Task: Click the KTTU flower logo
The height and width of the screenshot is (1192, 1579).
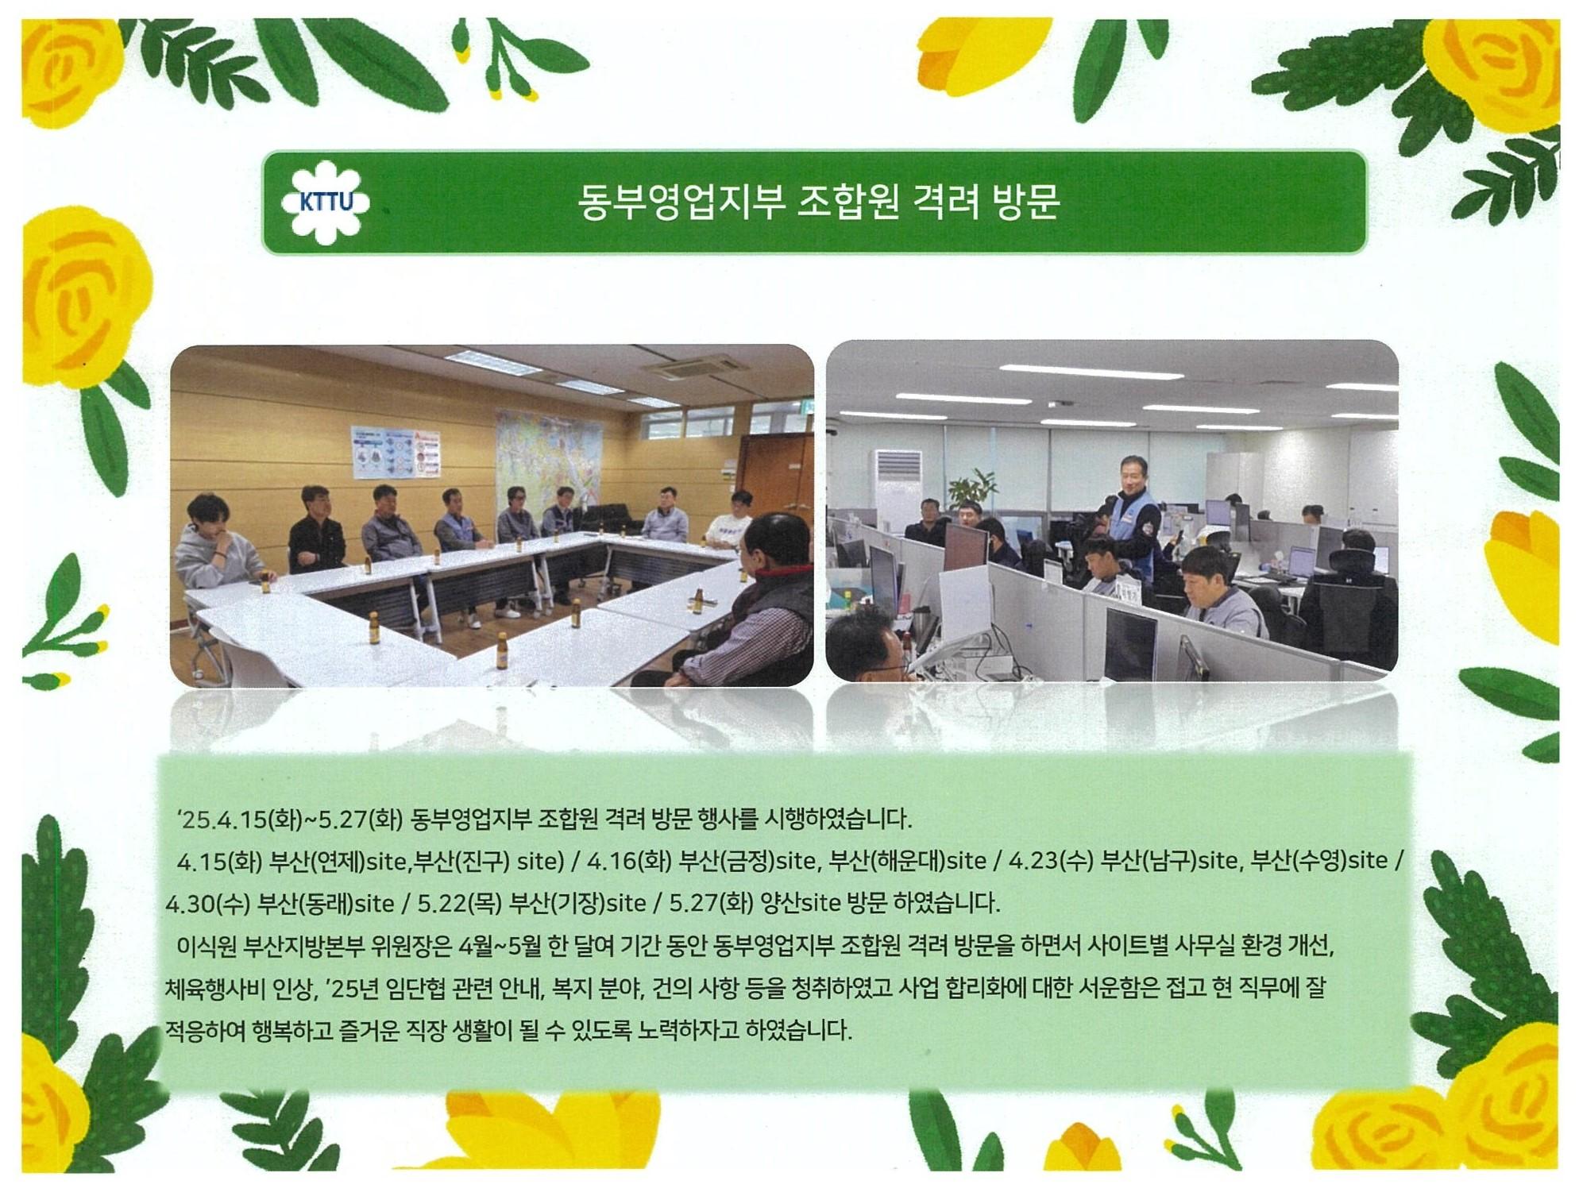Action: click(326, 203)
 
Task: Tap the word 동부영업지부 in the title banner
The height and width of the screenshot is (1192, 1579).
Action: click(681, 203)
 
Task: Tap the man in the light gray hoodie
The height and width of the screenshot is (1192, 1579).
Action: click(216, 548)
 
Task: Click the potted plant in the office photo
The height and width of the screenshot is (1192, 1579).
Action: click(969, 489)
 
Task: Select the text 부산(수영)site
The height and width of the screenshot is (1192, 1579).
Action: click(1319, 860)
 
